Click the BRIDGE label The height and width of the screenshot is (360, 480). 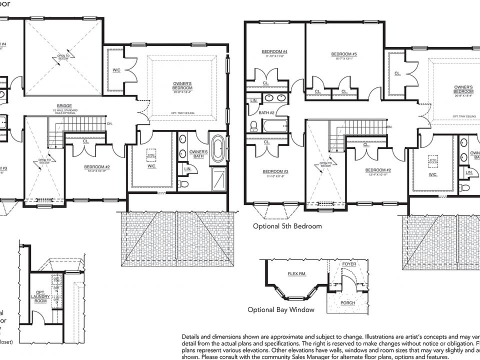[64, 105]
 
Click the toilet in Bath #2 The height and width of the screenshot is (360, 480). [253, 125]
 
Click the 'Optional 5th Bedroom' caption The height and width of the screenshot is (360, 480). [287, 226]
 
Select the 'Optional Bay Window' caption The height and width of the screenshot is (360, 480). [281, 309]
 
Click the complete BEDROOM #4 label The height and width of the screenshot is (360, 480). [274, 52]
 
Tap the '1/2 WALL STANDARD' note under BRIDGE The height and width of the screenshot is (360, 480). [64, 110]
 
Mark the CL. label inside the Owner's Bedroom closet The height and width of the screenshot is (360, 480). [397, 73]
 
